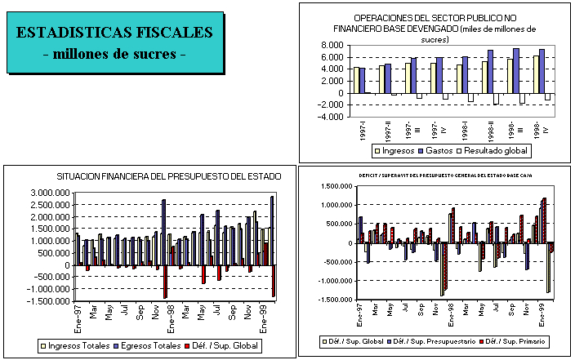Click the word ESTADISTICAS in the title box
72,33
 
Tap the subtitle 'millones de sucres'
114,54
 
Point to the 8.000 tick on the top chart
332,45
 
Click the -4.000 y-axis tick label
330,116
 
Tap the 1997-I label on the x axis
361,130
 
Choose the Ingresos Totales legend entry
75,346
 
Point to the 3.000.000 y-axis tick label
48,193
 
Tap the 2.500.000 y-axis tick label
48,205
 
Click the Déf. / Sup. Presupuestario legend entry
436,340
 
